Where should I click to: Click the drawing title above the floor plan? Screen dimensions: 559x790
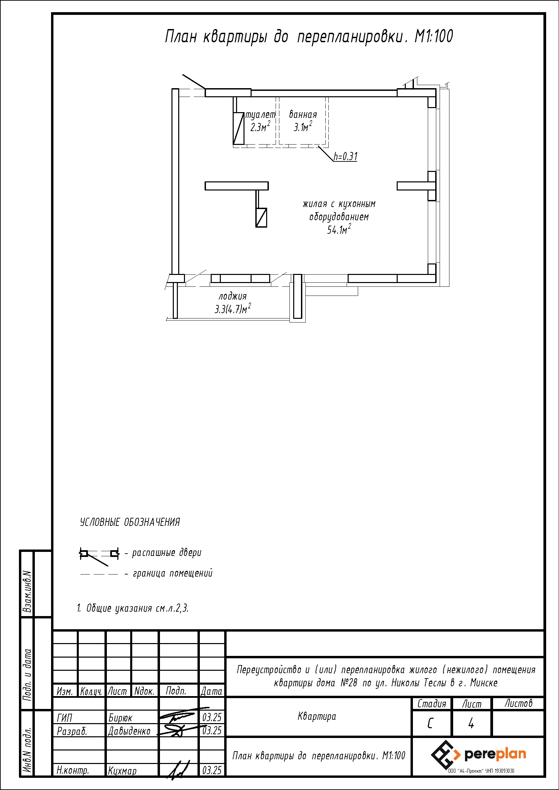(x=309, y=36)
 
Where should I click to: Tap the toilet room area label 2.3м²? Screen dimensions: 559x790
(x=260, y=127)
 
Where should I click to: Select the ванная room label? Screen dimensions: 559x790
(x=303, y=114)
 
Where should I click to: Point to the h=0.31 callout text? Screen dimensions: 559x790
(x=346, y=157)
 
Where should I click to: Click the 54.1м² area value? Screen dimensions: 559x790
(x=339, y=229)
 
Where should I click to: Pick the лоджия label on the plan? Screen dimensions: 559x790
(x=233, y=296)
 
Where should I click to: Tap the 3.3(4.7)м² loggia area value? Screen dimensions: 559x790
(x=233, y=309)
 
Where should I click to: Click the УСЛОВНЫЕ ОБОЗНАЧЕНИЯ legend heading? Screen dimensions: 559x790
(x=130, y=522)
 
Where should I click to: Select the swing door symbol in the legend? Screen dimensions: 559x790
(x=99, y=556)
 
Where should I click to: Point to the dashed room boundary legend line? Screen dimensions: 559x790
(x=99, y=574)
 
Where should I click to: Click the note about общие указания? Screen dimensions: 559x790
(x=133, y=608)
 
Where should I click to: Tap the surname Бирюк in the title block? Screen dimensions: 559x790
(x=120, y=718)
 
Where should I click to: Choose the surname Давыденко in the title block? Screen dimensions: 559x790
(x=130, y=731)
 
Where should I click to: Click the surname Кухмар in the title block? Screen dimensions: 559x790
(x=122, y=771)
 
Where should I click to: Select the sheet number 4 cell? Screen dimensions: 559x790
(x=471, y=724)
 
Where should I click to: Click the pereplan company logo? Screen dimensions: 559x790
(x=479, y=755)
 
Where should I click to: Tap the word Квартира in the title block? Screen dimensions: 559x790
(x=317, y=716)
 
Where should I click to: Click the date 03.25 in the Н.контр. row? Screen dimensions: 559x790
(x=212, y=771)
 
